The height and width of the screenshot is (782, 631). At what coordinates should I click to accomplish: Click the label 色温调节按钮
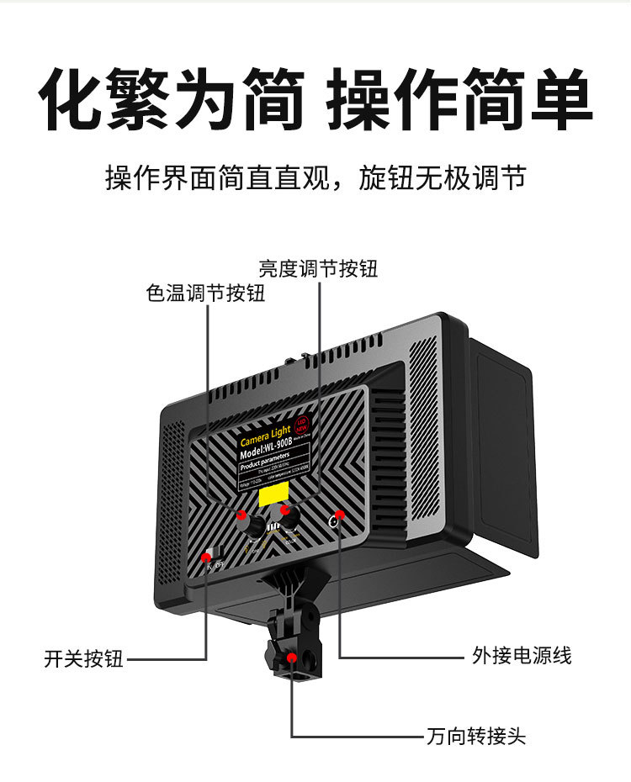tap(205, 293)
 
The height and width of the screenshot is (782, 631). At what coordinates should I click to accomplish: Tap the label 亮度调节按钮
tap(318, 268)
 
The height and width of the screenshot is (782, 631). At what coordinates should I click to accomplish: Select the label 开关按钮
tap(83, 658)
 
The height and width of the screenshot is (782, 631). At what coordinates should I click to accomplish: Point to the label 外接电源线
tap(522, 655)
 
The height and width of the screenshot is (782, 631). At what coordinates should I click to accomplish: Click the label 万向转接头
tap(476, 737)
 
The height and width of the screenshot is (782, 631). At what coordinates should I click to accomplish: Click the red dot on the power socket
tap(340, 515)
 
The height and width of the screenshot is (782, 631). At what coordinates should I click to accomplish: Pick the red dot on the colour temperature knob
tap(242, 515)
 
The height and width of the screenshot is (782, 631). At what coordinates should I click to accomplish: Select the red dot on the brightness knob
tap(286, 510)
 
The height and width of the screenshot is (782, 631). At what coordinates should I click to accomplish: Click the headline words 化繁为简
tap(172, 101)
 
